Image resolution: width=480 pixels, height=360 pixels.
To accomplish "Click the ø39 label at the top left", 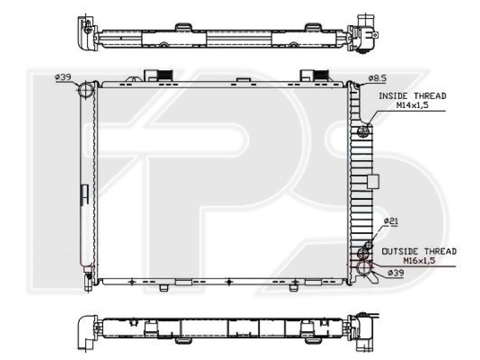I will click(x=63, y=77).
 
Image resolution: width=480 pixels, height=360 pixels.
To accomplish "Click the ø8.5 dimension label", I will click(x=377, y=77).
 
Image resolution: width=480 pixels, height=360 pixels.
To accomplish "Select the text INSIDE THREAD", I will click(x=412, y=95).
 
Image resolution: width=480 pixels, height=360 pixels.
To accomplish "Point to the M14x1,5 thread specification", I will click(x=412, y=104).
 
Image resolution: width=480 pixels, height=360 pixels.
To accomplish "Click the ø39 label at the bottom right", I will click(x=396, y=272).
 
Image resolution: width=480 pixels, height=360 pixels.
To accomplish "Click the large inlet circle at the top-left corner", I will click(x=87, y=91).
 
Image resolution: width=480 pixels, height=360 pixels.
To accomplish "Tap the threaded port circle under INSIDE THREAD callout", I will click(x=364, y=132).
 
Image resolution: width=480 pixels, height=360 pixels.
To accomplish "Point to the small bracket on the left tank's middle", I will click(x=85, y=192).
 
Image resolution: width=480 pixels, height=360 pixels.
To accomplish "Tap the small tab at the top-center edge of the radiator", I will click(x=242, y=79).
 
